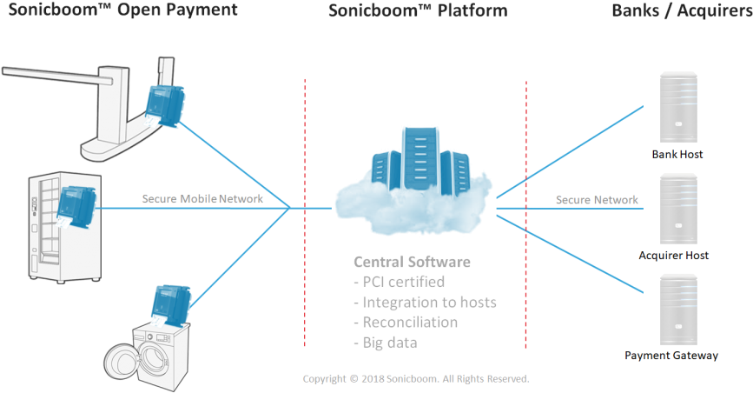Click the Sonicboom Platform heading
pyautogui.click(x=418, y=11)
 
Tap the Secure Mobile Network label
pyautogui.click(x=215, y=199)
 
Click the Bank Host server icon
pyautogui.click(x=677, y=107)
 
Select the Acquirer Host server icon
pyautogui.click(x=677, y=208)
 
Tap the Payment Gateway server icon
pyautogui.click(x=677, y=309)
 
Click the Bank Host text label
pyautogui.click(x=677, y=154)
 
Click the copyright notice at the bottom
pyautogui.click(x=415, y=379)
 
